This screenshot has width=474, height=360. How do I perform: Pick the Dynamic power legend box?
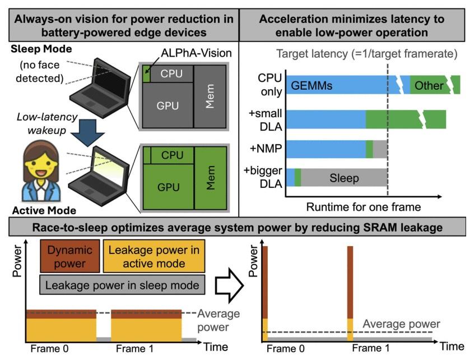coord(71,256)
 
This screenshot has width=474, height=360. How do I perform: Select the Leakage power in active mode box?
coord(154,256)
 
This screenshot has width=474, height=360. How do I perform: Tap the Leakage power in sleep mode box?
coord(122,285)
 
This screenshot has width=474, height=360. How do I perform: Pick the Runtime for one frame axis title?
coord(363,207)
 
